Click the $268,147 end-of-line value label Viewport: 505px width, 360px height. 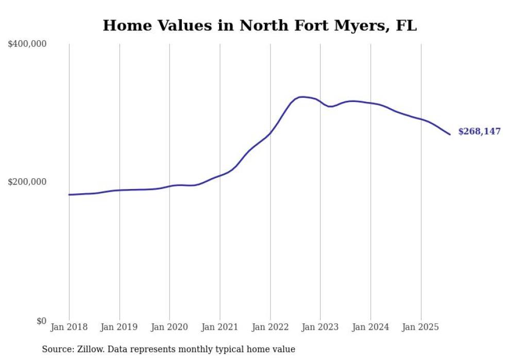(479, 132)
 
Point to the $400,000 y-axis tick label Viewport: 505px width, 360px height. (27, 44)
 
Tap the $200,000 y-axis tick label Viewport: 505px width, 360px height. (27, 182)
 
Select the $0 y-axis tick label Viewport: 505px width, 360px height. (41, 321)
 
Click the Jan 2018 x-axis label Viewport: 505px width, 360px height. (69, 327)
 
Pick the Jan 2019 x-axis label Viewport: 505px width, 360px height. (120, 327)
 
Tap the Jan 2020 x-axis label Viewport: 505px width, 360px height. (170, 327)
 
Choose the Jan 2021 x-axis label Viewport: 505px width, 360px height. (220, 327)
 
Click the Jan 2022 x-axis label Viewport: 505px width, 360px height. (270, 327)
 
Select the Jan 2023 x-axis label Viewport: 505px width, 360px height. (320, 327)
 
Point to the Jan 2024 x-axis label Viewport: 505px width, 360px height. (371, 327)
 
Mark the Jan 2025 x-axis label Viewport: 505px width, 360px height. (421, 327)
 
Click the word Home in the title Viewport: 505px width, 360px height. (122, 25)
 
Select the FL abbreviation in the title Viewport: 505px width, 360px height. (406, 25)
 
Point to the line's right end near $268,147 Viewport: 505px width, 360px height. (450, 134)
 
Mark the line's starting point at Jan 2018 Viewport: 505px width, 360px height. (69, 195)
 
